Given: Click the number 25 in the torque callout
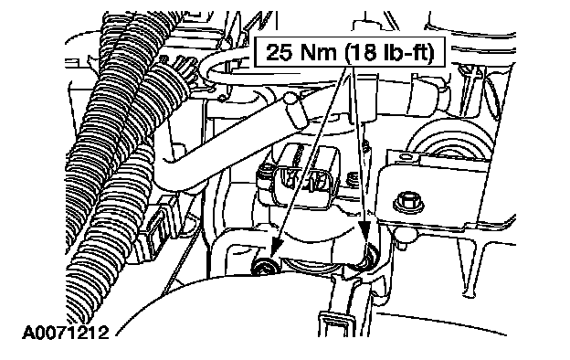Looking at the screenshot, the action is (279, 53).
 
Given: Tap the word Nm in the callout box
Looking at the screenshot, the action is (317, 53).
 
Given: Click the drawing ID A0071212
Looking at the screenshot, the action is (66, 333).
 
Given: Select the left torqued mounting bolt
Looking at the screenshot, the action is (266, 265).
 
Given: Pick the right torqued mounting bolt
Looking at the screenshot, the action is (366, 259).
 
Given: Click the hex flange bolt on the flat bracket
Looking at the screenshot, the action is (408, 203).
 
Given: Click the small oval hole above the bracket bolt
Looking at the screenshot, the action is (403, 157).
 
